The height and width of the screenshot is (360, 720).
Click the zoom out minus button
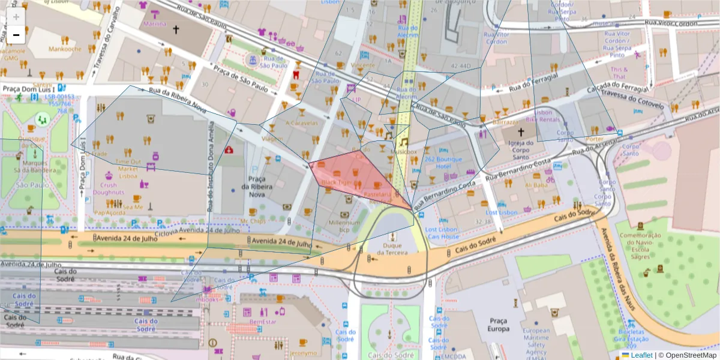point(16,35)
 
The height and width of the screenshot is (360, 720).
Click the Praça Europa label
point(499,325)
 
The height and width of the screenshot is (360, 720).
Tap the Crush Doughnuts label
point(109,189)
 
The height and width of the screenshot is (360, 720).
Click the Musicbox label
point(403,152)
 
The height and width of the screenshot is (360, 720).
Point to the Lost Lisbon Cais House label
point(442,233)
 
